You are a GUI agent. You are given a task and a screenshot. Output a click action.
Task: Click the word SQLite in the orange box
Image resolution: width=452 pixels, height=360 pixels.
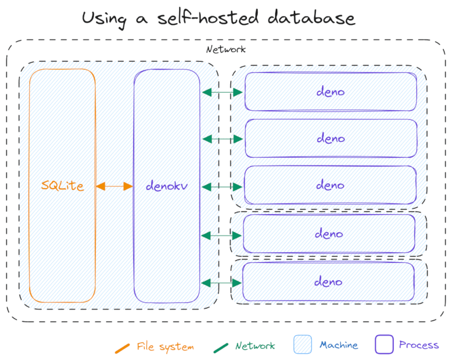click(63, 185)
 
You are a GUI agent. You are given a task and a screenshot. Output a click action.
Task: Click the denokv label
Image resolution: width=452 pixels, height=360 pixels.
click(167, 185)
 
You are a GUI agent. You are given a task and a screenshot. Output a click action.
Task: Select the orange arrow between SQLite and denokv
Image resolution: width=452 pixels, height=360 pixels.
click(114, 185)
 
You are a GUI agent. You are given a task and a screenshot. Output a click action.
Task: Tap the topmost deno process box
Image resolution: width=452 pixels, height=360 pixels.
click(331, 92)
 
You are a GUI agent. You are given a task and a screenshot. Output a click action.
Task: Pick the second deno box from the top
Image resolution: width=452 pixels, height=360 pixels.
click(331, 138)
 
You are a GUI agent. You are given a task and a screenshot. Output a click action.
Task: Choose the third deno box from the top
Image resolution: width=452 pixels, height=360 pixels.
click(331, 185)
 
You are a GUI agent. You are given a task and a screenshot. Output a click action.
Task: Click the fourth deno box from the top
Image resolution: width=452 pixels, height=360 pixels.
click(329, 233)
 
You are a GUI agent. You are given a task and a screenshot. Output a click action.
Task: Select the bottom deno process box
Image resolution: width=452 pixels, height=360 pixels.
click(329, 281)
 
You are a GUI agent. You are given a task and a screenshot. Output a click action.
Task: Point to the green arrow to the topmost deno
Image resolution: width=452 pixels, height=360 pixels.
click(223, 92)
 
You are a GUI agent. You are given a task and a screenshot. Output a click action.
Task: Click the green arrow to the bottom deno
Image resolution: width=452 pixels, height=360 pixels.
click(221, 282)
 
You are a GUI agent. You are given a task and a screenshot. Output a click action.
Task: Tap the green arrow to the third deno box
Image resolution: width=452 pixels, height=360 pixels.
click(223, 186)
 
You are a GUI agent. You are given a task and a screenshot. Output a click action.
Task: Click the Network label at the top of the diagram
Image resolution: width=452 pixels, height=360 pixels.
click(225, 49)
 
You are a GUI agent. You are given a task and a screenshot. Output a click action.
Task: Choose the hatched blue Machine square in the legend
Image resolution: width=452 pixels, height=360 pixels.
click(302, 345)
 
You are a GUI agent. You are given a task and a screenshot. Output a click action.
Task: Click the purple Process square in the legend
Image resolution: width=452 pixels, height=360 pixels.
click(384, 345)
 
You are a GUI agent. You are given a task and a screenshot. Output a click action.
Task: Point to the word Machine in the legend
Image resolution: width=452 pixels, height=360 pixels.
click(338, 345)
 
